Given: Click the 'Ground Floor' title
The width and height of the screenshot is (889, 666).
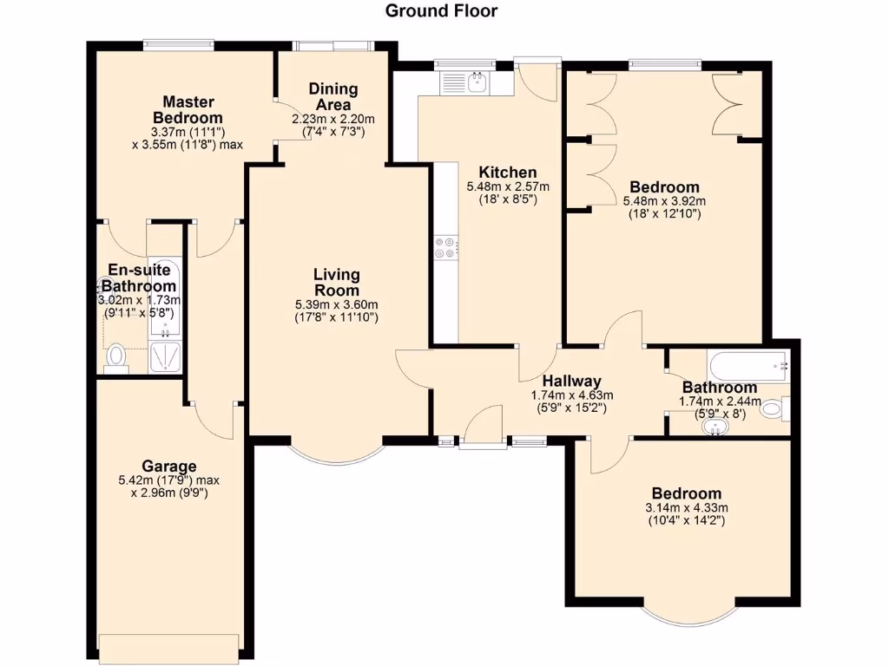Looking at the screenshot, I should pos(441,11).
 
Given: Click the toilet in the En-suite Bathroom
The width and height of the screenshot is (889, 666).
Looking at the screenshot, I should pos(115,356).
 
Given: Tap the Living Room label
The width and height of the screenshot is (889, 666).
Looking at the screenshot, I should pos(336,282).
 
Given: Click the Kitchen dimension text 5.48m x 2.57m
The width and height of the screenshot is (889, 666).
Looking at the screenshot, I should pos(508,186).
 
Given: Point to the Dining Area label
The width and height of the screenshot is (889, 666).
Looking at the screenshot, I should pos(333,96).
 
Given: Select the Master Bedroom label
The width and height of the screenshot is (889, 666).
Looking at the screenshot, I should pos(188,109).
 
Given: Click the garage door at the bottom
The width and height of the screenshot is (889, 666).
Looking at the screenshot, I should pos(168,647).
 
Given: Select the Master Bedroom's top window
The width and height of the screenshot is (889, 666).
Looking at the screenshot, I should pos(178,43).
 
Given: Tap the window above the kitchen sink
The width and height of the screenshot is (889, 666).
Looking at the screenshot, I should pos(464,62).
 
